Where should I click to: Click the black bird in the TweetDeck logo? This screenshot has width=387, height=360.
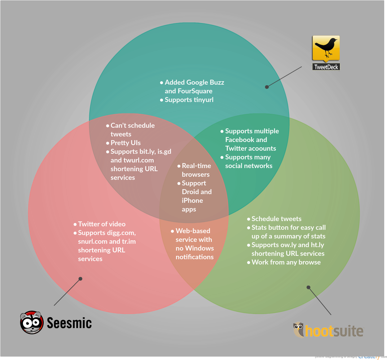[x=326, y=47]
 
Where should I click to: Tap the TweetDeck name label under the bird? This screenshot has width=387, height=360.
[x=326, y=67]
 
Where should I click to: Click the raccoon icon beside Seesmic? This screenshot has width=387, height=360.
[x=32, y=322]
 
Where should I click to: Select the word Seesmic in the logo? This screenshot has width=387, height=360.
[x=69, y=323]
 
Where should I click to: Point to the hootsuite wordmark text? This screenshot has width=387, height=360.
[x=334, y=331]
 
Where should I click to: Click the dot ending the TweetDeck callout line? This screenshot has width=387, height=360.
[x=267, y=87]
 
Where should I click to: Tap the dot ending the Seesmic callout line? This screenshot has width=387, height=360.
[x=80, y=279]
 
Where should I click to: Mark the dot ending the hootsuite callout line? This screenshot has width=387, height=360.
[x=308, y=287]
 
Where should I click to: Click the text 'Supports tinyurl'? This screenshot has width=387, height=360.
[x=189, y=100]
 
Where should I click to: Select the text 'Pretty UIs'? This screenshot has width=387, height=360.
[x=125, y=143]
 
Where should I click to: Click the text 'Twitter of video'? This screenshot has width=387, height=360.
[x=102, y=224]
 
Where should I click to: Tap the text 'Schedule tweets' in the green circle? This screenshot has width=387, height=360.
[x=276, y=219]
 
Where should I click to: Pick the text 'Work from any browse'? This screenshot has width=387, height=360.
[x=286, y=262]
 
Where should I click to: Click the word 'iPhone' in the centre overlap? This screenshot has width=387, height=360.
[x=192, y=201]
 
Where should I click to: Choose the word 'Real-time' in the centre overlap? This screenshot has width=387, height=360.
[x=196, y=166]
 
